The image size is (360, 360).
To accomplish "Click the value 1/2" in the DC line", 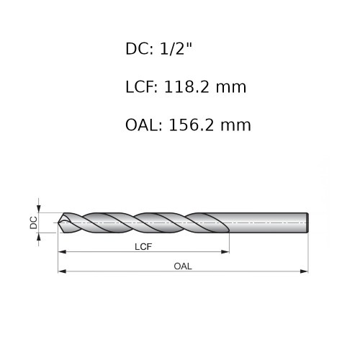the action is pyautogui.click(x=176, y=49).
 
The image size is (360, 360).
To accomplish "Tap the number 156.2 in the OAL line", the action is pyautogui.click(x=191, y=125).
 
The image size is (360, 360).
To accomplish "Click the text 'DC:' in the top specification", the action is pyautogui.click(x=139, y=49).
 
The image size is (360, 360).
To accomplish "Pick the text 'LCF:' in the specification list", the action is pyautogui.click(x=142, y=87).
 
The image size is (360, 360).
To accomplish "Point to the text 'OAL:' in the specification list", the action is pyautogui.click(x=144, y=125).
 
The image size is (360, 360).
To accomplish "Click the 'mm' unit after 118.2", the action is pyautogui.click(x=231, y=88).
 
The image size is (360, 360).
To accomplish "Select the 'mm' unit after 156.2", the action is pyautogui.click(x=235, y=126).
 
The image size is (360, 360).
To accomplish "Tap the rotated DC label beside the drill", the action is pyautogui.click(x=34, y=222).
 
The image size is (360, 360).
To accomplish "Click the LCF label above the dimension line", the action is pyautogui.click(x=143, y=247).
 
